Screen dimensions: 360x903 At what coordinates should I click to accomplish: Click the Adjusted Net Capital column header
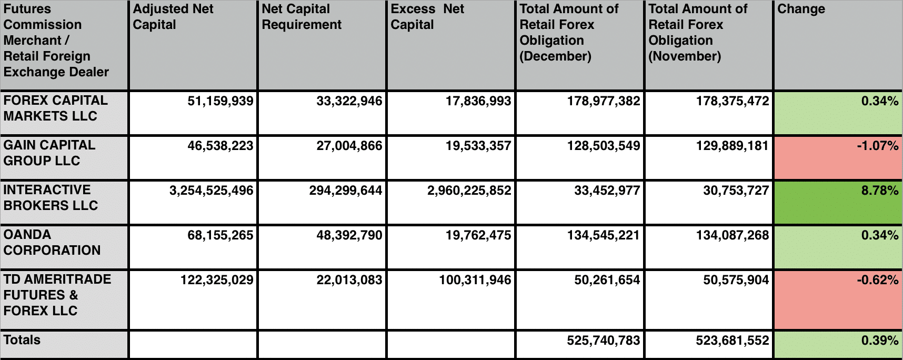173,17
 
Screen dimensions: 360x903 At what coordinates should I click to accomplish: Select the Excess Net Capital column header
427,17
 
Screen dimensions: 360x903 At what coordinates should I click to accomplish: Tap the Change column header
801,9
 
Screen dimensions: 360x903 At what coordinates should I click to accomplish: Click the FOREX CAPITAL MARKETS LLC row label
55,108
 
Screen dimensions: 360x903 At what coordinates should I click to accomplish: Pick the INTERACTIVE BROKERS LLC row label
51,197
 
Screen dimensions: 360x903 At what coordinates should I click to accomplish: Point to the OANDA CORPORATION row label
52,242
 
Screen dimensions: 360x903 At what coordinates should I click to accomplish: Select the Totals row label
22,340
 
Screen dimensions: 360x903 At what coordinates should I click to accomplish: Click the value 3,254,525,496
211,191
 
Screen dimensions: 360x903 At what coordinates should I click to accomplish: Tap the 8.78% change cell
879,191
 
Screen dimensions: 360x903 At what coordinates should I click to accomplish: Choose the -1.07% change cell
877,146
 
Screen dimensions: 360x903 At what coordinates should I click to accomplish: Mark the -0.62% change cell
877,280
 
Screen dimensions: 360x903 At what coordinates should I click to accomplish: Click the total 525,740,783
603,341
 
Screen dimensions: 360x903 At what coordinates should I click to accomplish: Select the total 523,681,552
732,341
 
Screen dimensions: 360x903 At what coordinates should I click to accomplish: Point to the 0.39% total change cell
879,341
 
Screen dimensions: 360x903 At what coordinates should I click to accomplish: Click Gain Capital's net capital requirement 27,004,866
349,146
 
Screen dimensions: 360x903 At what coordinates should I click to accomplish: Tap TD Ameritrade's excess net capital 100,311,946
475,280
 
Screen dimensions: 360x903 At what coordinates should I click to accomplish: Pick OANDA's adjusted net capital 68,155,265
220,235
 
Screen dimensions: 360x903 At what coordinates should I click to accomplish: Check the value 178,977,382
603,101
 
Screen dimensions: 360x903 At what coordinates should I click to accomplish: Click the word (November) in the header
685,56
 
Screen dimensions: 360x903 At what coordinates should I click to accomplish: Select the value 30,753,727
736,191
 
